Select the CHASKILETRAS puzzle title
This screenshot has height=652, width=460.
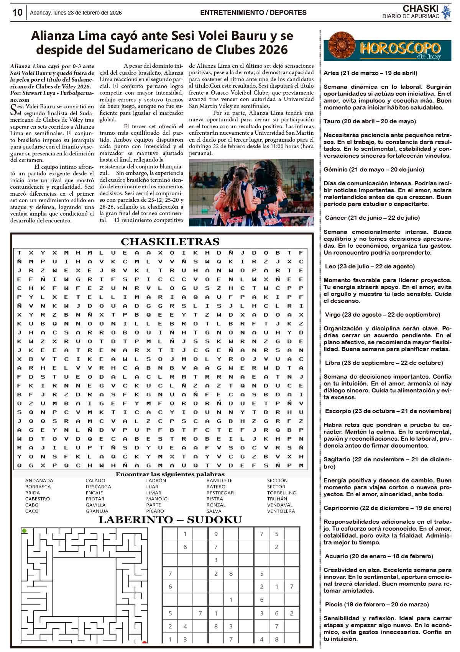pyautogui.click(x=170, y=242)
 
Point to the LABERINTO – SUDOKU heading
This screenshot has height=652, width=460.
pyautogui.click(x=170, y=520)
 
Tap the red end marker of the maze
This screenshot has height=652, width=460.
pyautogui.click(x=145, y=642)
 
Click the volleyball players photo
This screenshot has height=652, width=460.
pyautogui.click(x=251, y=192)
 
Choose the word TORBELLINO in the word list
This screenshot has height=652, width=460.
pyautogui.click(x=282, y=493)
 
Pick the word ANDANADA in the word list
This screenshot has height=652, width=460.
pyautogui.click(x=39, y=480)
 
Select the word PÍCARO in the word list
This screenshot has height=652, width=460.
pyautogui.click(x=155, y=511)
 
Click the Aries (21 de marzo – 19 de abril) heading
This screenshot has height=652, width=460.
pyautogui.click(x=370, y=73)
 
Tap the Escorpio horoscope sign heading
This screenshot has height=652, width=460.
pyautogui.click(x=388, y=411)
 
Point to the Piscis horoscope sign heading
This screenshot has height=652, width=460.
pyautogui.click(x=377, y=605)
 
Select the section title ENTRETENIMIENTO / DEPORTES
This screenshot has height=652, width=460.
pyautogui.click(x=253, y=13)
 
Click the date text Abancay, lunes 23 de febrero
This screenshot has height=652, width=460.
pyautogui.click(x=76, y=13)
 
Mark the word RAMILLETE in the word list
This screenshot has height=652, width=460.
pyautogui.click(x=219, y=480)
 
